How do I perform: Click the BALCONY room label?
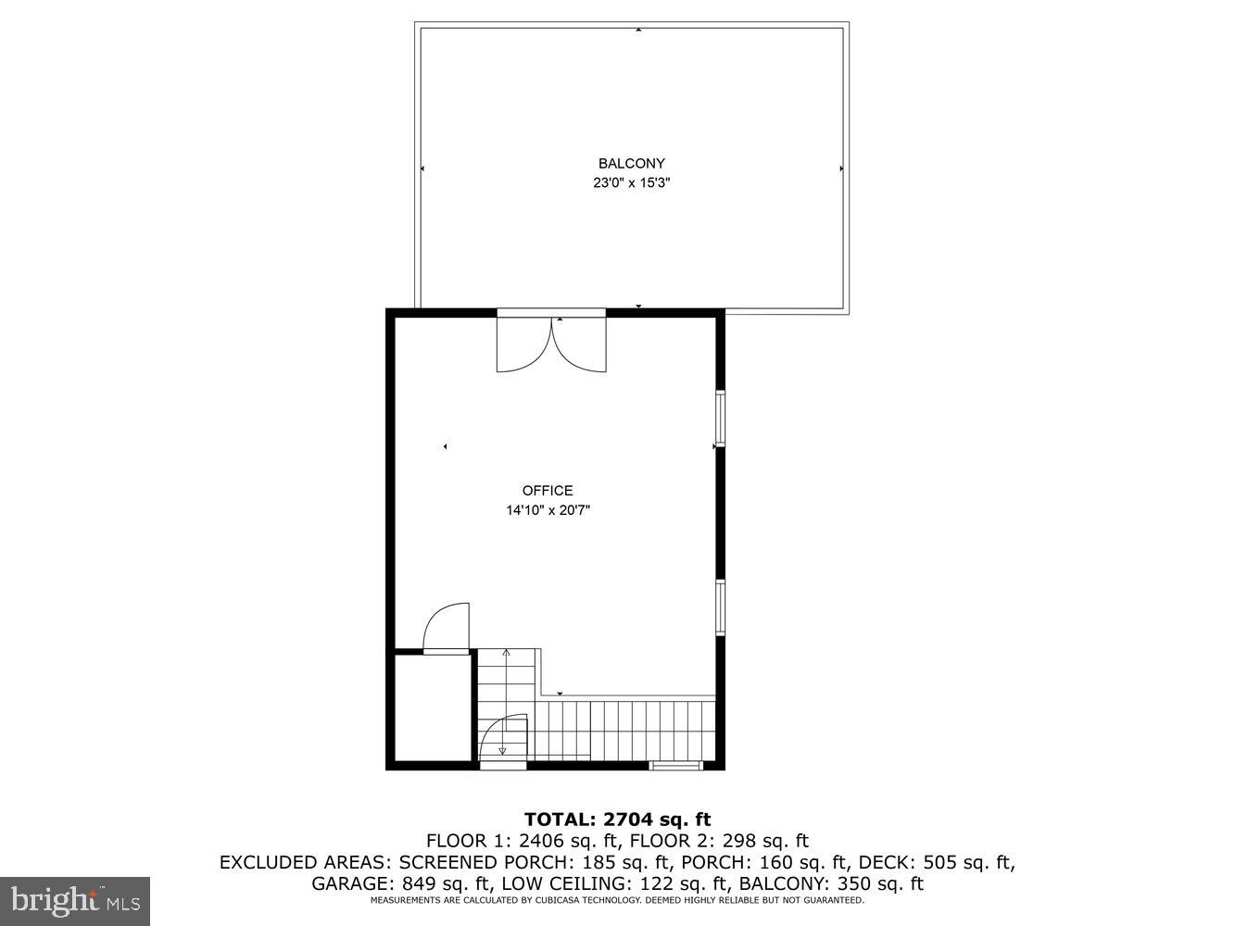point(631,164)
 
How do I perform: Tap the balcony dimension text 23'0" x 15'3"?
point(631,183)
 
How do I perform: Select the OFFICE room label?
point(548,491)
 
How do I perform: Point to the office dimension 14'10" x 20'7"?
point(548,510)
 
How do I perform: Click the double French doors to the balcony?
point(551,343)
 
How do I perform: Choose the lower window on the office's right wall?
point(720,607)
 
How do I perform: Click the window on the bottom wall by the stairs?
point(675,765)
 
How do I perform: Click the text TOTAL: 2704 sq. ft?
point(617,819)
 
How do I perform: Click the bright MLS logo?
point(74,900)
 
